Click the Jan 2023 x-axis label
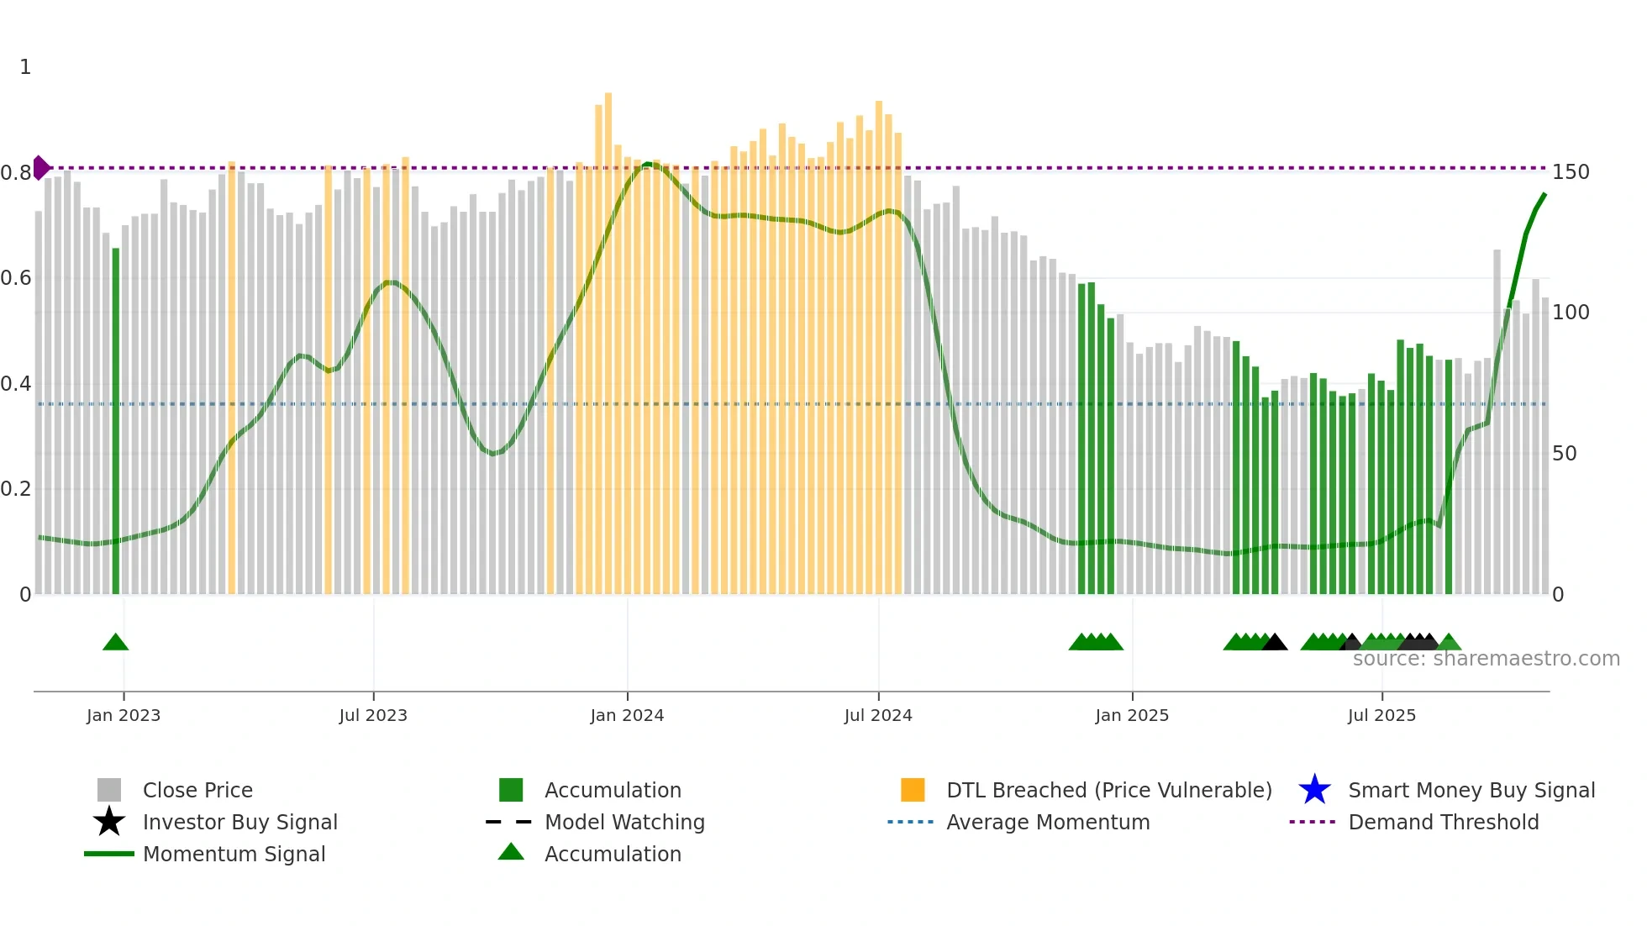124,715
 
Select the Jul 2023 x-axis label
373,715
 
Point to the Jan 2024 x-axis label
627,715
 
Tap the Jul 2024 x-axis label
878,715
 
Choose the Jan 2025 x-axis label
1132,715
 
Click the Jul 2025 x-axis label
1381,715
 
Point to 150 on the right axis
1571,172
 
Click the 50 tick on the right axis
1565,454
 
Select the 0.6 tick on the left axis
16,278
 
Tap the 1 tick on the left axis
25,67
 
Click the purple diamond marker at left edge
40,167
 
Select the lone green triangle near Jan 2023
115,643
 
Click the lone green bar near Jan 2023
116,420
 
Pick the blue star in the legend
1314,790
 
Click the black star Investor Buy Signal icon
109,822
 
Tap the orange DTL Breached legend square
913,790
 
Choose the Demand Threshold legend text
1443,822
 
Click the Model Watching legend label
624,822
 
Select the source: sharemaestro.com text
1486,659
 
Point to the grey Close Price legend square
109,790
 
